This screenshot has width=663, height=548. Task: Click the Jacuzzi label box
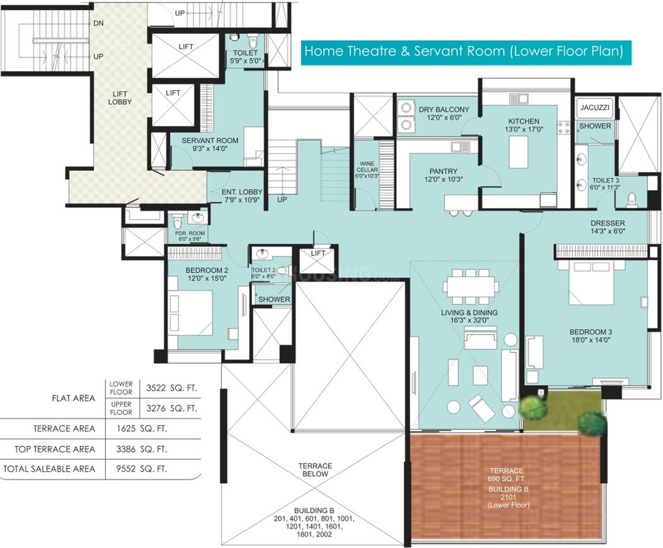594,107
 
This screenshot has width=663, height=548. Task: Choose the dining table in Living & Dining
470,287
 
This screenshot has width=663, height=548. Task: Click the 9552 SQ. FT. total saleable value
142,469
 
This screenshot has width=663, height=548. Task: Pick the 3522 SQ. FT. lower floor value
171,388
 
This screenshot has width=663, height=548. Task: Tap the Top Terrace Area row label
55,449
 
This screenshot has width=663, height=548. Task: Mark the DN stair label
98,23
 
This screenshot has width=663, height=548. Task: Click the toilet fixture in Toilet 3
632,199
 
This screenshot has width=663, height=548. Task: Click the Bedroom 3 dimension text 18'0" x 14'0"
591,340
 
